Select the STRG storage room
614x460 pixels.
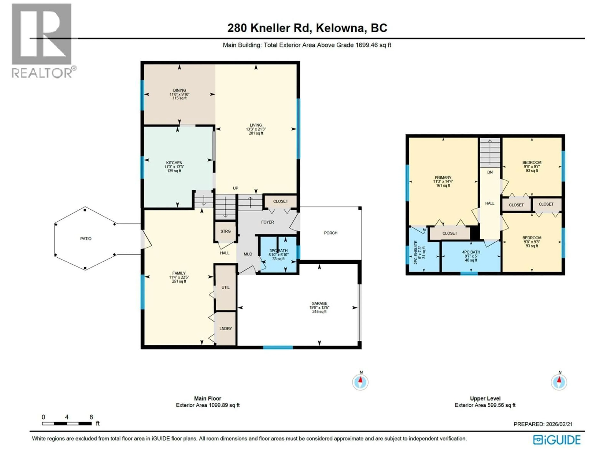point(225,231)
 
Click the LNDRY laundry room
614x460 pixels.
point(225,329)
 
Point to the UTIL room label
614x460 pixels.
point(225,287)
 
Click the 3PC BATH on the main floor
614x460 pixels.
point(278,251)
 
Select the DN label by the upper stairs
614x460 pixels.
point(490,172)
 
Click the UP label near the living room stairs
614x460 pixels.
point(235,188)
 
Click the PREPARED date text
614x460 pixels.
point(543,424)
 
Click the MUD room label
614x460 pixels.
point(248,254)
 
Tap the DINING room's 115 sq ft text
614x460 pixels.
point(180,98)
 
